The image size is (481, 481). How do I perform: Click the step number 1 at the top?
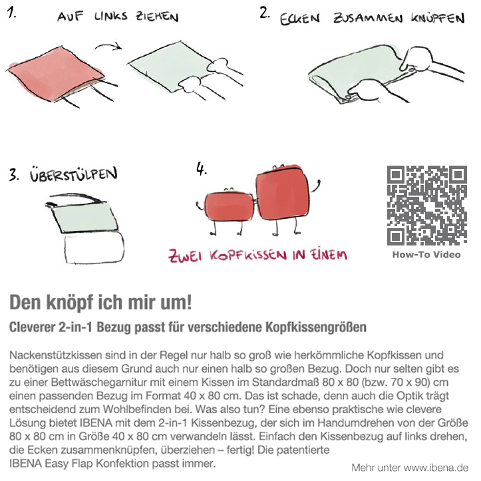11,13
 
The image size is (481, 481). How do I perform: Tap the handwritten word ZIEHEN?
158,17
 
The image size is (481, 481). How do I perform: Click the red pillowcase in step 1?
55,74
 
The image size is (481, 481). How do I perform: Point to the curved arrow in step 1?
108,46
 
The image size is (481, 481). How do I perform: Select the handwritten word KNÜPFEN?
438,19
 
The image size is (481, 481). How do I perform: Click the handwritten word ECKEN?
299,19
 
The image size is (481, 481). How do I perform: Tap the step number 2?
264,13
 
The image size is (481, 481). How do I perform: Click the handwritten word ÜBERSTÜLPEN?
74,174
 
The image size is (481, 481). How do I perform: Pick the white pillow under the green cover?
94,247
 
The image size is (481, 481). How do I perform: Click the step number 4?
201,169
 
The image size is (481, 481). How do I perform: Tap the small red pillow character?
229,206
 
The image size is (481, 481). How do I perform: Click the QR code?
426,205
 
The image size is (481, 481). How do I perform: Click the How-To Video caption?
426,255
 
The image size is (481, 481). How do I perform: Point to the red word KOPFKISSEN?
248,255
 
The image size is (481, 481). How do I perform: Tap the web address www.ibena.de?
436,468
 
